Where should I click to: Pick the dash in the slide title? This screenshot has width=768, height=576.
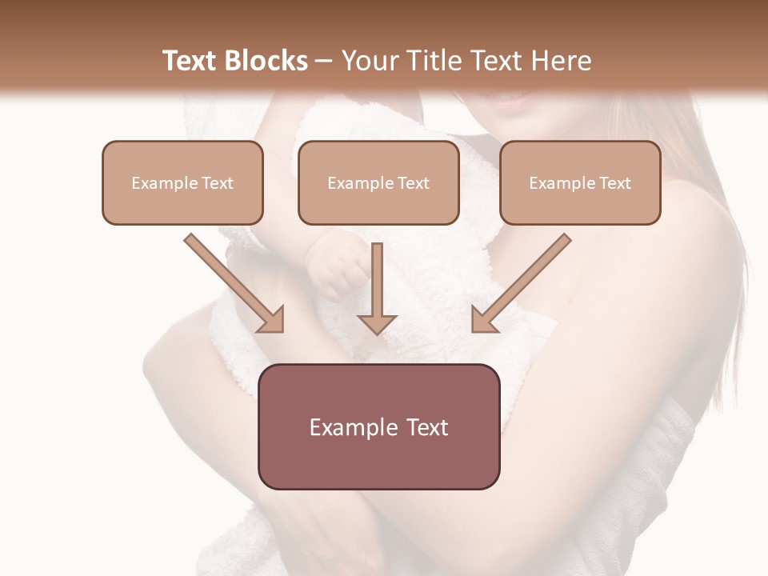(324, 62)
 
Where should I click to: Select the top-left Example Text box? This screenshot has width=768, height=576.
(182, 183)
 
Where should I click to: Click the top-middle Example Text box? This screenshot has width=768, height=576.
(378, 183)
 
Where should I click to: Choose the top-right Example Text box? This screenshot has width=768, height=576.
(580, 183)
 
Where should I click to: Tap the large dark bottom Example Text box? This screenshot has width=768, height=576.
(379, 427)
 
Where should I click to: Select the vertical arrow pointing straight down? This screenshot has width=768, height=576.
(377, 284)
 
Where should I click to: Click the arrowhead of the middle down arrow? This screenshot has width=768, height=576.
(377, 322)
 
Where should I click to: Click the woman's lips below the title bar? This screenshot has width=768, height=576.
(510, 101)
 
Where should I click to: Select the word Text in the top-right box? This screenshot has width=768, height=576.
(614, 183)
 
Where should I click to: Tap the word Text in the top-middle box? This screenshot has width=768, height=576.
(413, 183)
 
